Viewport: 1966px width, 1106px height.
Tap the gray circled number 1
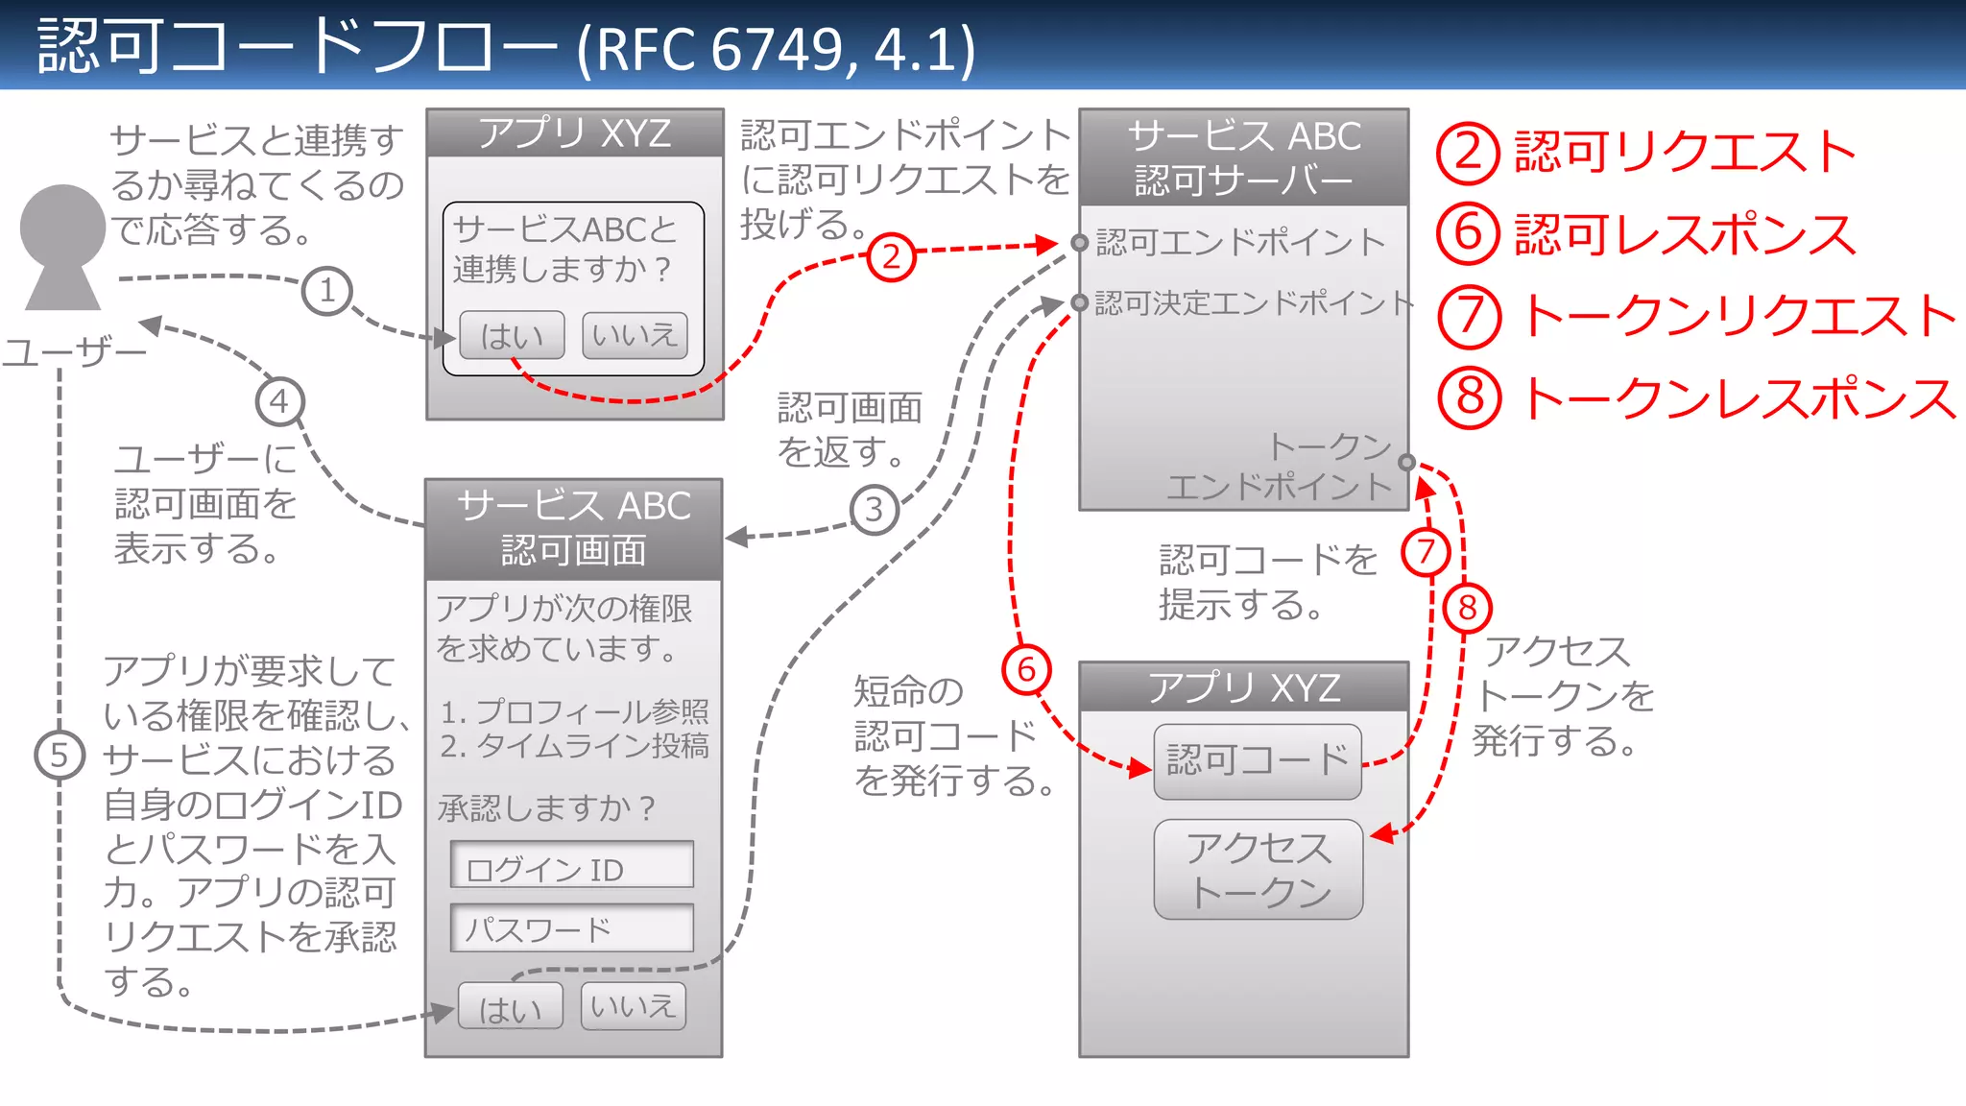pyautogui.click(x=326, y=291)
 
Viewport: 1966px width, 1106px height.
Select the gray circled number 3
pyautogui.click(x=874, y=509)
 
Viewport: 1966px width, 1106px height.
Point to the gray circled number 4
pyautogui.click(x=279, y=401)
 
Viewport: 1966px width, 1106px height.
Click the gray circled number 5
pyautogui.click(x=60, y=756)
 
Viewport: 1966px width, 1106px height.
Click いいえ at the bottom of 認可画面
pyautogui.click(x=633, y=1006)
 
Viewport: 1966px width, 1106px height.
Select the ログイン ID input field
pyautogui.click(x=572, y=866)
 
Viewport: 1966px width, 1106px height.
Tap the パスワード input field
pyautogui.click(x=572, y=927)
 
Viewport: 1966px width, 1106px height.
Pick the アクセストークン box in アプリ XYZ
pyautogui.click(x=1258, y=869)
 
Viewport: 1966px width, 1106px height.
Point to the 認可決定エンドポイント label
pyautogui.click(x=1253, y=303)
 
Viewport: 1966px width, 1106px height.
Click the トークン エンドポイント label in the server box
pyautogui.click(x=1282, y=467)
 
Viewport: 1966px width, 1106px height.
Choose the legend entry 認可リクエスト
pyautogui.click(x=1684, y=154)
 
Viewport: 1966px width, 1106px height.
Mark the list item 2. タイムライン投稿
pyautogui.click(x=574, y=746)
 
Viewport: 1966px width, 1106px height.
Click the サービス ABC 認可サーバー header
pyautogui.click(x=1244, y=157)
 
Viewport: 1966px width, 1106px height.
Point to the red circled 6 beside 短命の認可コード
pyautogui.click(x=1026, y=669)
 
